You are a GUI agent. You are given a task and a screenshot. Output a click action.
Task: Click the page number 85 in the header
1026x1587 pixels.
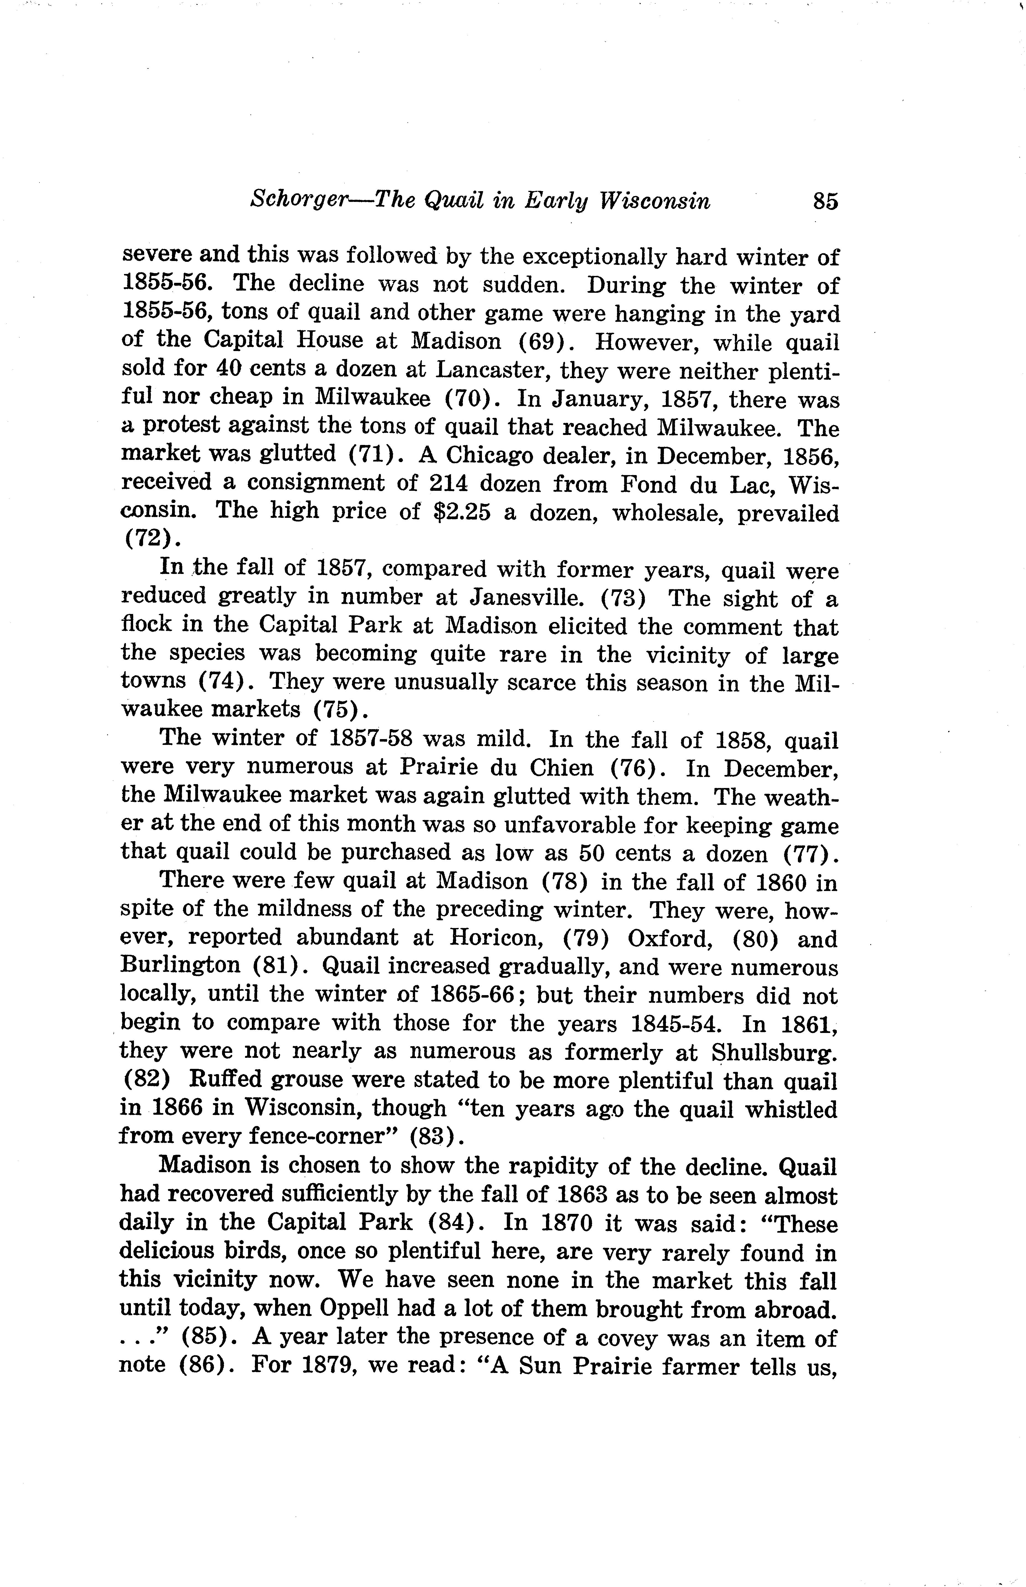pyautogui.click(x=825, y=201)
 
